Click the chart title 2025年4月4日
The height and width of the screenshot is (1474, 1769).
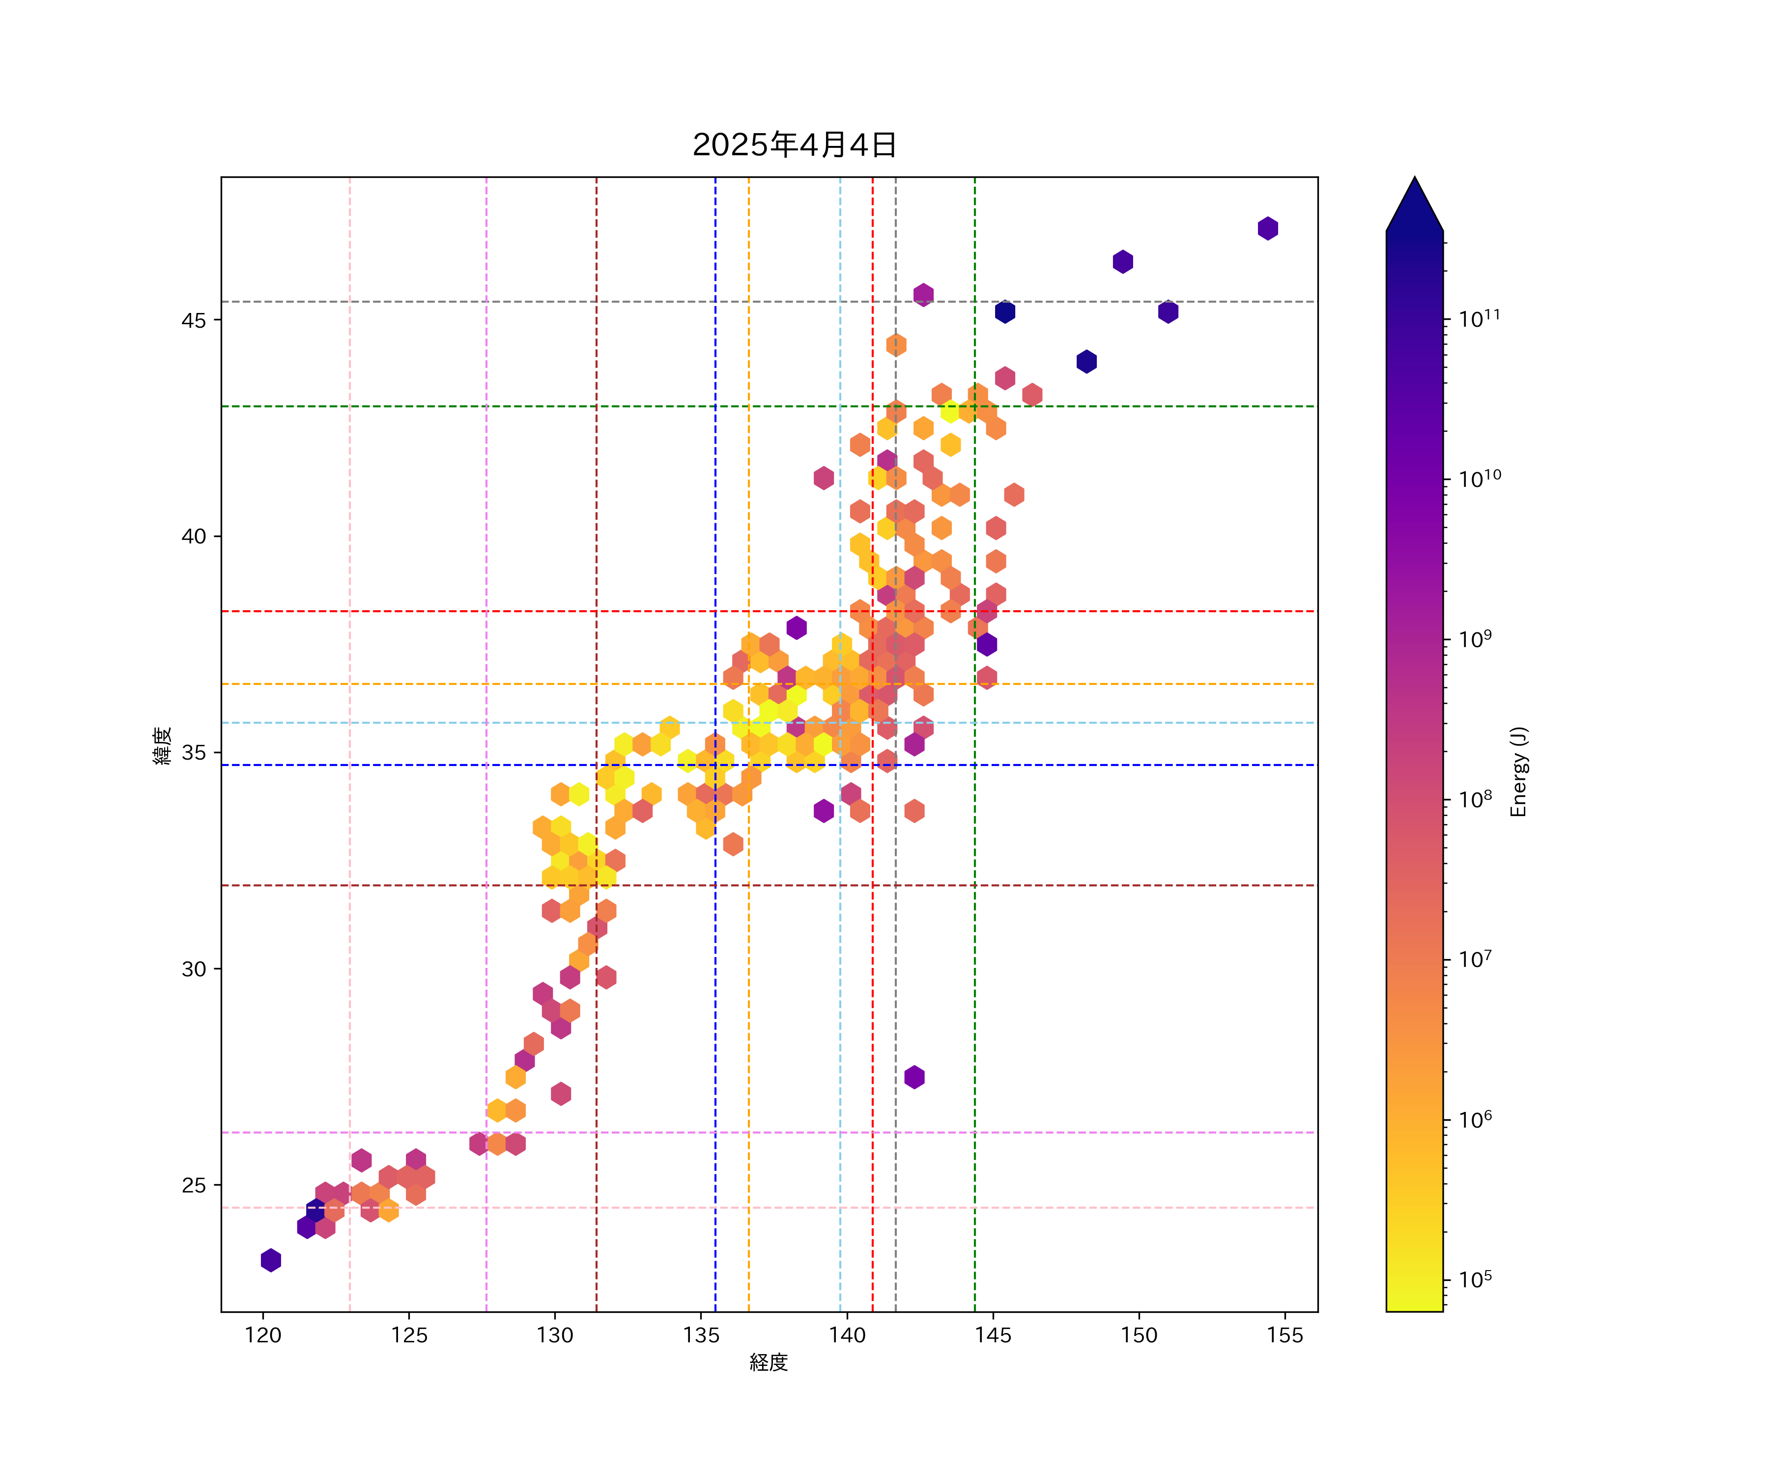click(x=795, y=145)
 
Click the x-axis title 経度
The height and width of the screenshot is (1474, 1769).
click(x=768, y=1362)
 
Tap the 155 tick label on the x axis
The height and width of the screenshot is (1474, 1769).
click(x=1284, y=1335)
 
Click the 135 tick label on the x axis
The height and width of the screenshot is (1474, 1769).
click(x=701, y=1335)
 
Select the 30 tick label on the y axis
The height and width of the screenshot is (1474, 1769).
click(x=194, y=968)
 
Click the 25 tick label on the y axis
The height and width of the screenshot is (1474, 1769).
click(x=194, y=1185)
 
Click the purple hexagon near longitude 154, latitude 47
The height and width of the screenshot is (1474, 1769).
click(x=1268, y=228)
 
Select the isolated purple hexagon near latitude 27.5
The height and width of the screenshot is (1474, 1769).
click(x=914, y=1077)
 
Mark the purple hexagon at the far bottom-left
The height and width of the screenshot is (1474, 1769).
click(x=270, y=1260)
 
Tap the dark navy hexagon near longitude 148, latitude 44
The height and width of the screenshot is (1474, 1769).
click(x=1086, y=361)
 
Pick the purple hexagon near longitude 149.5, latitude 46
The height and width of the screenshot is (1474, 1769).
click(x=1122, y=262)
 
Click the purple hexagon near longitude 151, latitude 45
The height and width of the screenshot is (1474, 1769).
click(x=1168, y=312)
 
